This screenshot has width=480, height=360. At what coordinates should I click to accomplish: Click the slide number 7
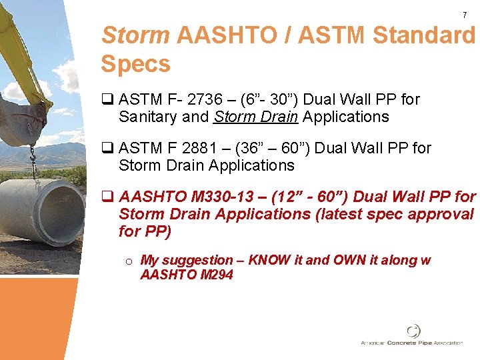[x=465, y=15]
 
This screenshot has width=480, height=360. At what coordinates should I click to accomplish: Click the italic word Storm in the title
[x=135, y=35]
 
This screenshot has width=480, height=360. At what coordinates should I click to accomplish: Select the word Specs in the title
[x=135, y=64]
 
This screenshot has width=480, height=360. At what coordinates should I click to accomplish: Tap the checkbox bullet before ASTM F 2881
[x=107, y=148]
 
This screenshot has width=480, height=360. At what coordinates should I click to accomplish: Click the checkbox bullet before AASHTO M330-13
[x=107, y=197]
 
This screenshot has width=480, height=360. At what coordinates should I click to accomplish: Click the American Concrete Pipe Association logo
[x=412, y=335]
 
